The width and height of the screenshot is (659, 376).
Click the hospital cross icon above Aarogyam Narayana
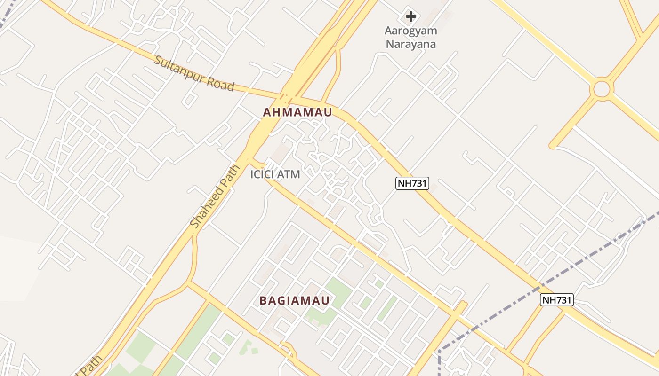(x=411, y=16)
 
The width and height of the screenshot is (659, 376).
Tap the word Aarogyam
(x=411, y=31)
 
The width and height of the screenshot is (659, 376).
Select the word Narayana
(x=411, y=44)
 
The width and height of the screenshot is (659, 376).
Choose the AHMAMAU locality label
(x=297, y=112)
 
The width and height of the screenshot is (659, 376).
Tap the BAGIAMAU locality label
(x=295, y=301)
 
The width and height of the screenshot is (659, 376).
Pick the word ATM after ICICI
(x=289, y=174)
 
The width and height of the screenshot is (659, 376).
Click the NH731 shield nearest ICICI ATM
(x=412, y=183)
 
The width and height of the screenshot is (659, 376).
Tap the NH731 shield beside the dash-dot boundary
(x=557, y=300)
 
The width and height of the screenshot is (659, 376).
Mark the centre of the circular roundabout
(x=602, y=89)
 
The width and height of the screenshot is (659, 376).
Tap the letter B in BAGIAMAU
(x=264, y=301)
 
